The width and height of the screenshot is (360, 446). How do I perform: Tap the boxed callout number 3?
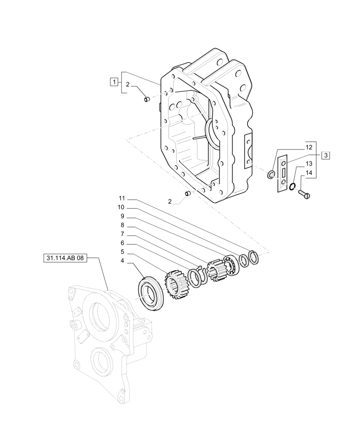[x=326, y=155]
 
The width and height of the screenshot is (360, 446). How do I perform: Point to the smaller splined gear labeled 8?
[x=216, y=269]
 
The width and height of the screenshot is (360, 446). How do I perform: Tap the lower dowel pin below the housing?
[x=188, y=194]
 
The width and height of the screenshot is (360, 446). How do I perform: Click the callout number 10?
[x=122, y=207]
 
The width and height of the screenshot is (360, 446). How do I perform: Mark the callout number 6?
[x=122, y=244]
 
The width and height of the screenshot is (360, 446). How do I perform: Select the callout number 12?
[x=309, y=147]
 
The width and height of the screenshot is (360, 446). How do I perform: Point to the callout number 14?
[x=309, y=173]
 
